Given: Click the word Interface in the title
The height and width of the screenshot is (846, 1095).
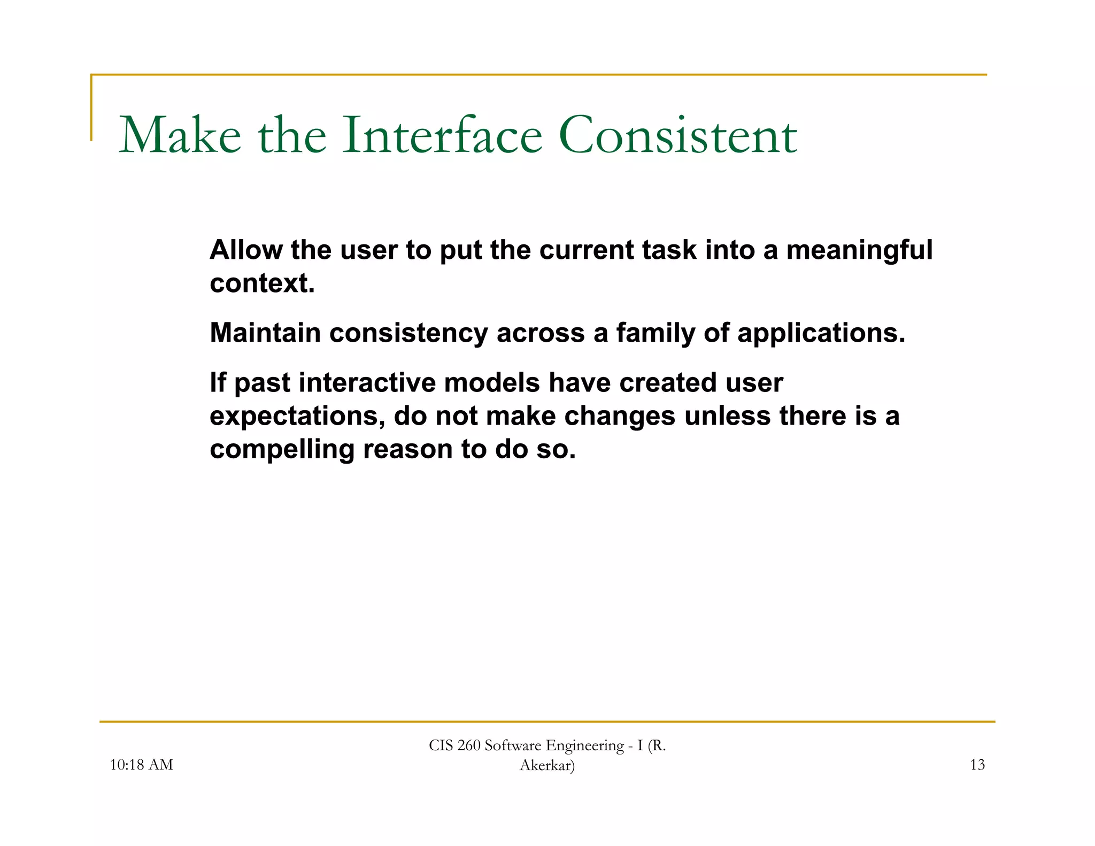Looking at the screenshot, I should [x=442, y=135].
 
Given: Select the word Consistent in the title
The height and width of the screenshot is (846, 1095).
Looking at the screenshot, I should [x=677, y=135].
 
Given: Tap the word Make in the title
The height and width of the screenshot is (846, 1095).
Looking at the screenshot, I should [x=180, y=135].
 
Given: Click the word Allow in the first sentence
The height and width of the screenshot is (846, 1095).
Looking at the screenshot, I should [x=246, y=250].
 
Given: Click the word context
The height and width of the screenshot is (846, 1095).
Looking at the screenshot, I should [x=262, y=283].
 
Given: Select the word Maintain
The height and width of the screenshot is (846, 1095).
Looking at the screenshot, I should [x=265, y=333].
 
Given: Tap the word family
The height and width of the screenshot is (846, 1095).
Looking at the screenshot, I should [x=656, y=334].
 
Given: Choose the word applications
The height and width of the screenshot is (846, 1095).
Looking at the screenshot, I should [x=821, y=334].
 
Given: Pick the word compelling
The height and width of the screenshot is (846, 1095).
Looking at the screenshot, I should [x=282, y=450].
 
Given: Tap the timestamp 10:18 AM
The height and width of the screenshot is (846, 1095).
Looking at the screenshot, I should [x=141, y=765].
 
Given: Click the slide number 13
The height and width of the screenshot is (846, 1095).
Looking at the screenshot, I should [x=977, y=765].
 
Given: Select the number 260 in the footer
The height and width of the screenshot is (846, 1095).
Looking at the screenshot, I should [x=469, y=745].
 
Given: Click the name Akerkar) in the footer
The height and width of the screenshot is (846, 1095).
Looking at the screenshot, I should [x=547, y=766].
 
